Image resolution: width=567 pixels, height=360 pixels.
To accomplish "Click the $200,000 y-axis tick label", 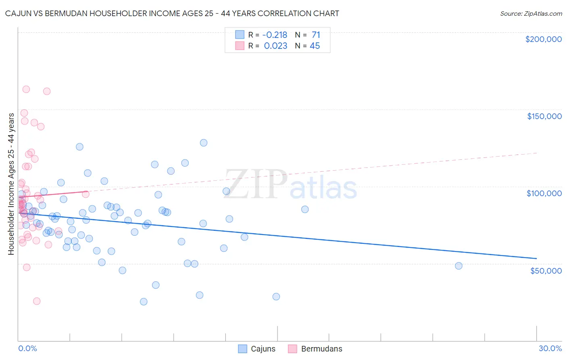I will (x=543, y=39).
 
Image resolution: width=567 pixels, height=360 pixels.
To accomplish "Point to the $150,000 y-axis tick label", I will (x=544, y=116).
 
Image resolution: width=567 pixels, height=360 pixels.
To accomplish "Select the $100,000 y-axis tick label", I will (x=544, y=193).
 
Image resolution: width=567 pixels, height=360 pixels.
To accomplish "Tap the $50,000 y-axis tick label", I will (x=546, y=270).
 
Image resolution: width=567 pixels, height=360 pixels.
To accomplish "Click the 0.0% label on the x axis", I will (x=27, y=348).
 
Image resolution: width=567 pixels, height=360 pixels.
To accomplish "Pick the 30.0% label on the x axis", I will (x=550, y=348).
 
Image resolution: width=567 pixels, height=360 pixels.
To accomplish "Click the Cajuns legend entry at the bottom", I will (x=257, y=349).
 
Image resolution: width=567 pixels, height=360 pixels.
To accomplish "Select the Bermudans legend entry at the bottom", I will (x=315, y=349).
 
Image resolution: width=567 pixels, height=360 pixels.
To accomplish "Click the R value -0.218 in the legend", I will (x=275, y=35).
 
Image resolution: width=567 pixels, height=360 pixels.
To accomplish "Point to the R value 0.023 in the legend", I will (x=275, y=46).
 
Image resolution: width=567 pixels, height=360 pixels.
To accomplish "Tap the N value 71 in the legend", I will (x=316, y=35).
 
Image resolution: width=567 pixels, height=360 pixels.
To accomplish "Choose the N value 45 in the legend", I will (x=315, y=46).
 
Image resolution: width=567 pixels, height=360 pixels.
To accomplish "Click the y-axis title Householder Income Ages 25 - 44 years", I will (x=11, y=184).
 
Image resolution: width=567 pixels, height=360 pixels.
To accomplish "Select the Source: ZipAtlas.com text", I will (x=531, y=13).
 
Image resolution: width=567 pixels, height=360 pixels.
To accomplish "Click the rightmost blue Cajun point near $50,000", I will (x=459, y=266).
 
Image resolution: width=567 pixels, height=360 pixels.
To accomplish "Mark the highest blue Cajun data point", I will (x=204, y=143).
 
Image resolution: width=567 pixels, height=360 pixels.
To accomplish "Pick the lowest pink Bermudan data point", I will (x=37, y=301).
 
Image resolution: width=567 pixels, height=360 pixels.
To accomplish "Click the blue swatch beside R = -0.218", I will (x=240, y=35).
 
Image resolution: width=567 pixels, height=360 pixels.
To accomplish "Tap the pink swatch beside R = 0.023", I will (x=240, y=46).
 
